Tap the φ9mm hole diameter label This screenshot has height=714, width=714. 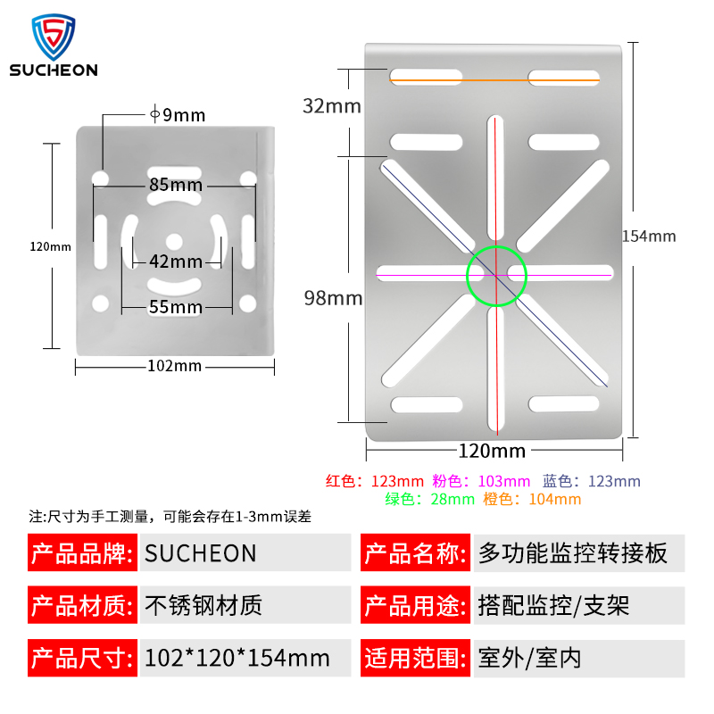coord(178,114)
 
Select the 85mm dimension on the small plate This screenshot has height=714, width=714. coord(175,186)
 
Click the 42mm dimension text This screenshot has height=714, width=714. coord(175,262)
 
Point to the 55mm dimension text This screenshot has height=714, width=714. coord(175,307)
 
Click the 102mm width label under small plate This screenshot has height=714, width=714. coord(175,366)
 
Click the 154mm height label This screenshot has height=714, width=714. coord(649,237)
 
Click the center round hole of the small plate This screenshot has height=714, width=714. coord(175,240)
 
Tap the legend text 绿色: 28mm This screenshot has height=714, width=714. coord(429,500)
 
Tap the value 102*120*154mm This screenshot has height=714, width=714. coord(237,660)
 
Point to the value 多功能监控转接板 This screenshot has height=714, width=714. coord(573,553)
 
